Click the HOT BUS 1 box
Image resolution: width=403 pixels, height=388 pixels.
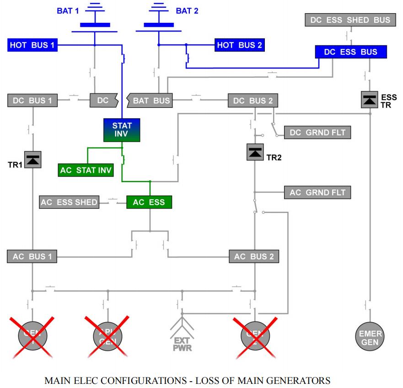click(32, 45)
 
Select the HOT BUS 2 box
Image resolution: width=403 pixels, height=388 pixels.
click(240, 45)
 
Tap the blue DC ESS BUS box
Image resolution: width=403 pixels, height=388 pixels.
click(351, 52)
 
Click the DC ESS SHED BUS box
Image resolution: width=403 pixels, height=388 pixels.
click(350, 20)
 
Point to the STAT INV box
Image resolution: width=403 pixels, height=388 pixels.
click(122, 130)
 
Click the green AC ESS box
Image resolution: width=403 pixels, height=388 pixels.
click(149, 202)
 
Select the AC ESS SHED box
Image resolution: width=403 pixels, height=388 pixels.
click(70, 202)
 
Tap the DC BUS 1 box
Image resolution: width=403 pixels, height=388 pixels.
click(32, 100)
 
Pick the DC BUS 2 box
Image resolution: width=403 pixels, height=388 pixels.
click(253, 100)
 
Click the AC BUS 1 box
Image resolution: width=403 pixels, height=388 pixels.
click(32, 257)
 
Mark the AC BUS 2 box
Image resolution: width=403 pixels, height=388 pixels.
click(253, 257)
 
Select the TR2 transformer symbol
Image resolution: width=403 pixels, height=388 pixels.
click(255, 152)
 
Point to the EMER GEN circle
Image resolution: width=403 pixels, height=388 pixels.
click(371, 337)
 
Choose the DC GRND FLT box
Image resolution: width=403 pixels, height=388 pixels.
click(317, 133)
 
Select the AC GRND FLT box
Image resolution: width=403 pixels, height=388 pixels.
click(317, 192)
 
